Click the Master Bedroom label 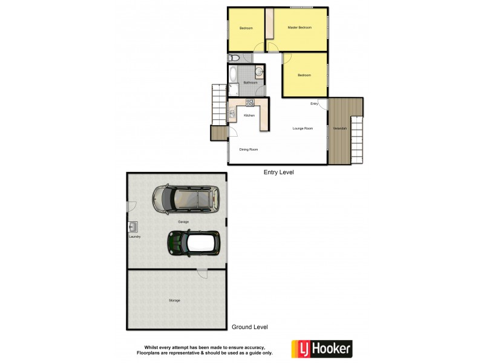coord(299,28)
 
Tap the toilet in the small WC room coord(235,58)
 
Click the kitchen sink coord(232,113)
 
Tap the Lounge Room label coord(302,128)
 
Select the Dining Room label coord(249,149)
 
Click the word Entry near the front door coord(314,104)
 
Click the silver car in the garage coord(185,199)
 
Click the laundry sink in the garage coord(133,227)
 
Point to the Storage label coord(174,300)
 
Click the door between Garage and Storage coord(202,273)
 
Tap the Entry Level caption coord(278,172)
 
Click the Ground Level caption coord(249,327)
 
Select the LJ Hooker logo coord(322,348)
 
